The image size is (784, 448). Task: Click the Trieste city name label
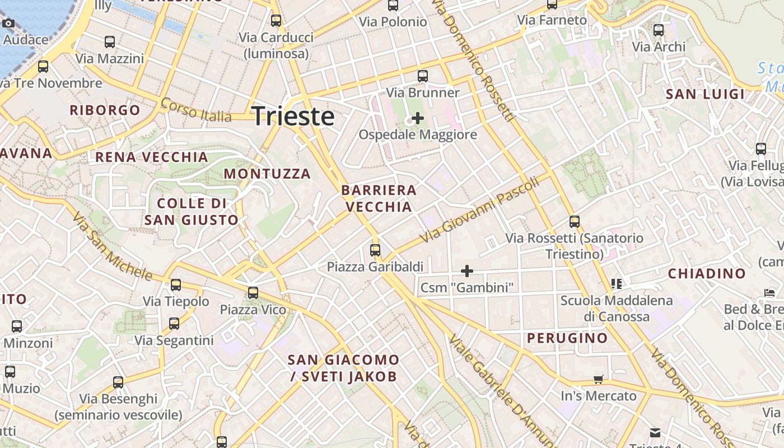293,116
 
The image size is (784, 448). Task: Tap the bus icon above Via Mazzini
110,42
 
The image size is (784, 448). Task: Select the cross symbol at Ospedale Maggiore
417,118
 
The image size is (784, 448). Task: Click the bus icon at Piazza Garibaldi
375,250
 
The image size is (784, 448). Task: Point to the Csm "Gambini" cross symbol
466,272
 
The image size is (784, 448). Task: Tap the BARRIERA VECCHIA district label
379,198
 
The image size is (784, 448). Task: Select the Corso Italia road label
196,110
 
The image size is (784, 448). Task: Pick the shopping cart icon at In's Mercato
599,380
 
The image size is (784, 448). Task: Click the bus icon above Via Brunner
423,76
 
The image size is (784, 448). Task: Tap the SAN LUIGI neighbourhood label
705,94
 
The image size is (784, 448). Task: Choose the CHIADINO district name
707,274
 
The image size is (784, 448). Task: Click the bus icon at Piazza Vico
253,293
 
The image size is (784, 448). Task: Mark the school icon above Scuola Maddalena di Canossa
617,284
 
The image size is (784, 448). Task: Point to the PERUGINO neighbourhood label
567,338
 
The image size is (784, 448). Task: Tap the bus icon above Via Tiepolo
176,285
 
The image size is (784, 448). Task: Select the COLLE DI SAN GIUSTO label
192,211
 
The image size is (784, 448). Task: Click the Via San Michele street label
112,246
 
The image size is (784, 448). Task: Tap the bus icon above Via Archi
659,30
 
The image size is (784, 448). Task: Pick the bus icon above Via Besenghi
118,382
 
